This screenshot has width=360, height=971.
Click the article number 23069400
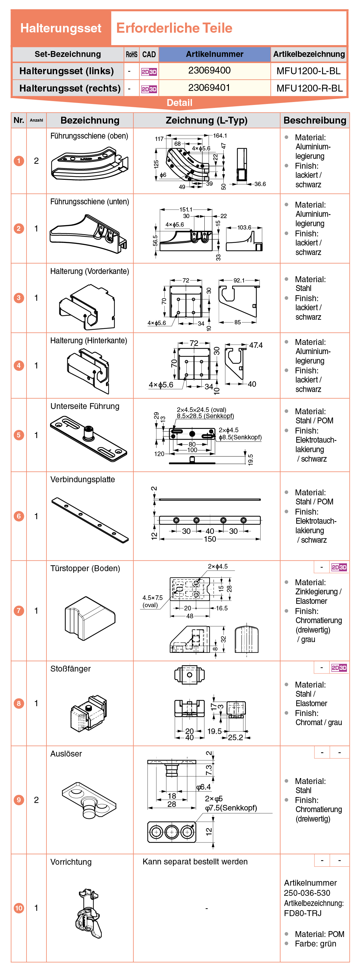tap(209, 71)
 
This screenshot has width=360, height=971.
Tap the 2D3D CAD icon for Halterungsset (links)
tap(149, 72)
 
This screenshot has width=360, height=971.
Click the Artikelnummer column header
tap(214, 54)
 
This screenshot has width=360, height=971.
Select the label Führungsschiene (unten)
tap(90, 202)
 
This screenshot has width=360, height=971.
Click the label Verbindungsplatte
tap(82, 480)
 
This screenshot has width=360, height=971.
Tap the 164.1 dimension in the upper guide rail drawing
tap(220, 136)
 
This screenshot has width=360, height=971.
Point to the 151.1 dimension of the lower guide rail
tap(186, 210)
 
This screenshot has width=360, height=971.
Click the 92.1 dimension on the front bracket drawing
tap(239, 281)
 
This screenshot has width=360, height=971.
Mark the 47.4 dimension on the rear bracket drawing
tap(256, 345)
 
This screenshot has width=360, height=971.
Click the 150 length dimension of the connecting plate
tap(210, 539)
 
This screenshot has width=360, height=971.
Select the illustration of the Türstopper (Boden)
tap(90, 618)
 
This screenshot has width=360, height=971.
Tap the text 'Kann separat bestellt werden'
tap(195, 862)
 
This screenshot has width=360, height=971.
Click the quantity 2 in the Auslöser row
tap(36, 800)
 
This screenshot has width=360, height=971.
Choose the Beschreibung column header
tap(315, 120)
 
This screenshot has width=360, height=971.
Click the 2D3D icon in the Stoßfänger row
tap(339, 668)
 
